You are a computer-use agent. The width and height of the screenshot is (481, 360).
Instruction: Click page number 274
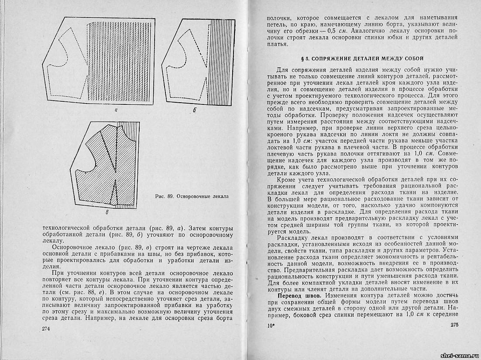coord(46,329)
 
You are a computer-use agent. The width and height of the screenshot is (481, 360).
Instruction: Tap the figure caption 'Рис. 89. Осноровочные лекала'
coord(192,196)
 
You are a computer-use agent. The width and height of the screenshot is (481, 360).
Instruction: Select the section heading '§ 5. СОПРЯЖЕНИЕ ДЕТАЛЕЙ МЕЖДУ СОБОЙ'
coord(362,59)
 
